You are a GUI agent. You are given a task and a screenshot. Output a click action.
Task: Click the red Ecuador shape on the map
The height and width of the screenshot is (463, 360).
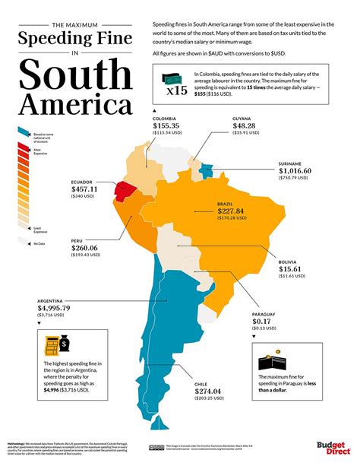coord(125,188)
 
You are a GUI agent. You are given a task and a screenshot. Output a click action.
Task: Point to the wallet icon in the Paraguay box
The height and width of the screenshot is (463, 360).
coord(273,362)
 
